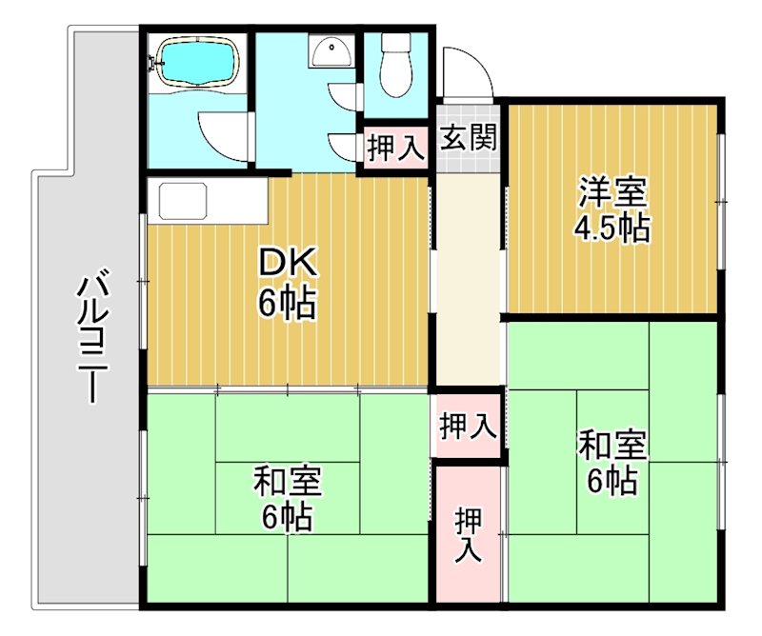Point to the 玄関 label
coord(468,138)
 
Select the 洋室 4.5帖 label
coord(612,209)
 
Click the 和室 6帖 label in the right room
coord(612,463)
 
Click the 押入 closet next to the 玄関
coord(395,149)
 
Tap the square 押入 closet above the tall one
coord(467,426)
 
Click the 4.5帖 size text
coord(612,228)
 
